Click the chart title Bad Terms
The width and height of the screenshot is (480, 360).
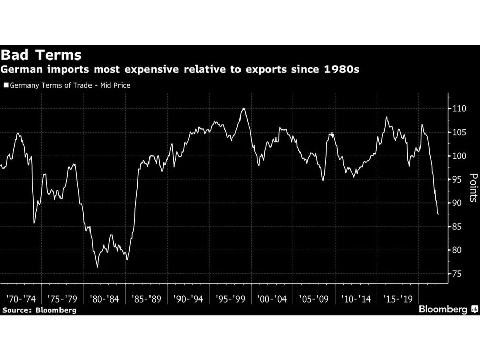[x=41, y=55]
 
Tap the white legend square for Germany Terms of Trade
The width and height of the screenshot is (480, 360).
[x=6, y=85]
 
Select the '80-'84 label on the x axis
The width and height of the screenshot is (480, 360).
[x=104, y=298]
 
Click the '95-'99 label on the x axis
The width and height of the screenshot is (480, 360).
[x=230, y=298]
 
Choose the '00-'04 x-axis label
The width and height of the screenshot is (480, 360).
[x=273, y=298]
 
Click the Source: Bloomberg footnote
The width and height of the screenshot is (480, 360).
[x=39, y=310]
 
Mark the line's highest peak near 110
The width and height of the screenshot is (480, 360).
[x=243, y=108]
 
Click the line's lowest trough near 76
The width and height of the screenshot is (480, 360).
[x=97, y=267]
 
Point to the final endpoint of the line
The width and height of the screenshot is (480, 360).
[x=438, y=214]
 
